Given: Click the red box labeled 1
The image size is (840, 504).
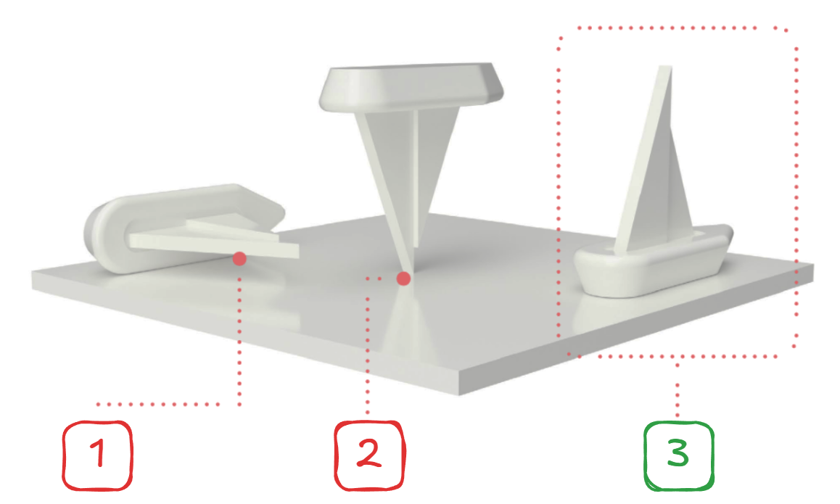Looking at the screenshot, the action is point(97,456).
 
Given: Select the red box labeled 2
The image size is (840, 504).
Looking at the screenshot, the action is point(370,456).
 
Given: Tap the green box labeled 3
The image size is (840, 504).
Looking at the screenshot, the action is point(679,456).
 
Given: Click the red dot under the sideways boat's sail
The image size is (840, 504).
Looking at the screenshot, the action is point(239,259).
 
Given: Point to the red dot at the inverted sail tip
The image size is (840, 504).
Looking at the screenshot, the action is point(403,278).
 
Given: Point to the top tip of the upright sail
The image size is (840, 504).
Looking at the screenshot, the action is point(665,67).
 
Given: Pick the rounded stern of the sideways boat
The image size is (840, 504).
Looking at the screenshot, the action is point(99,236).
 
